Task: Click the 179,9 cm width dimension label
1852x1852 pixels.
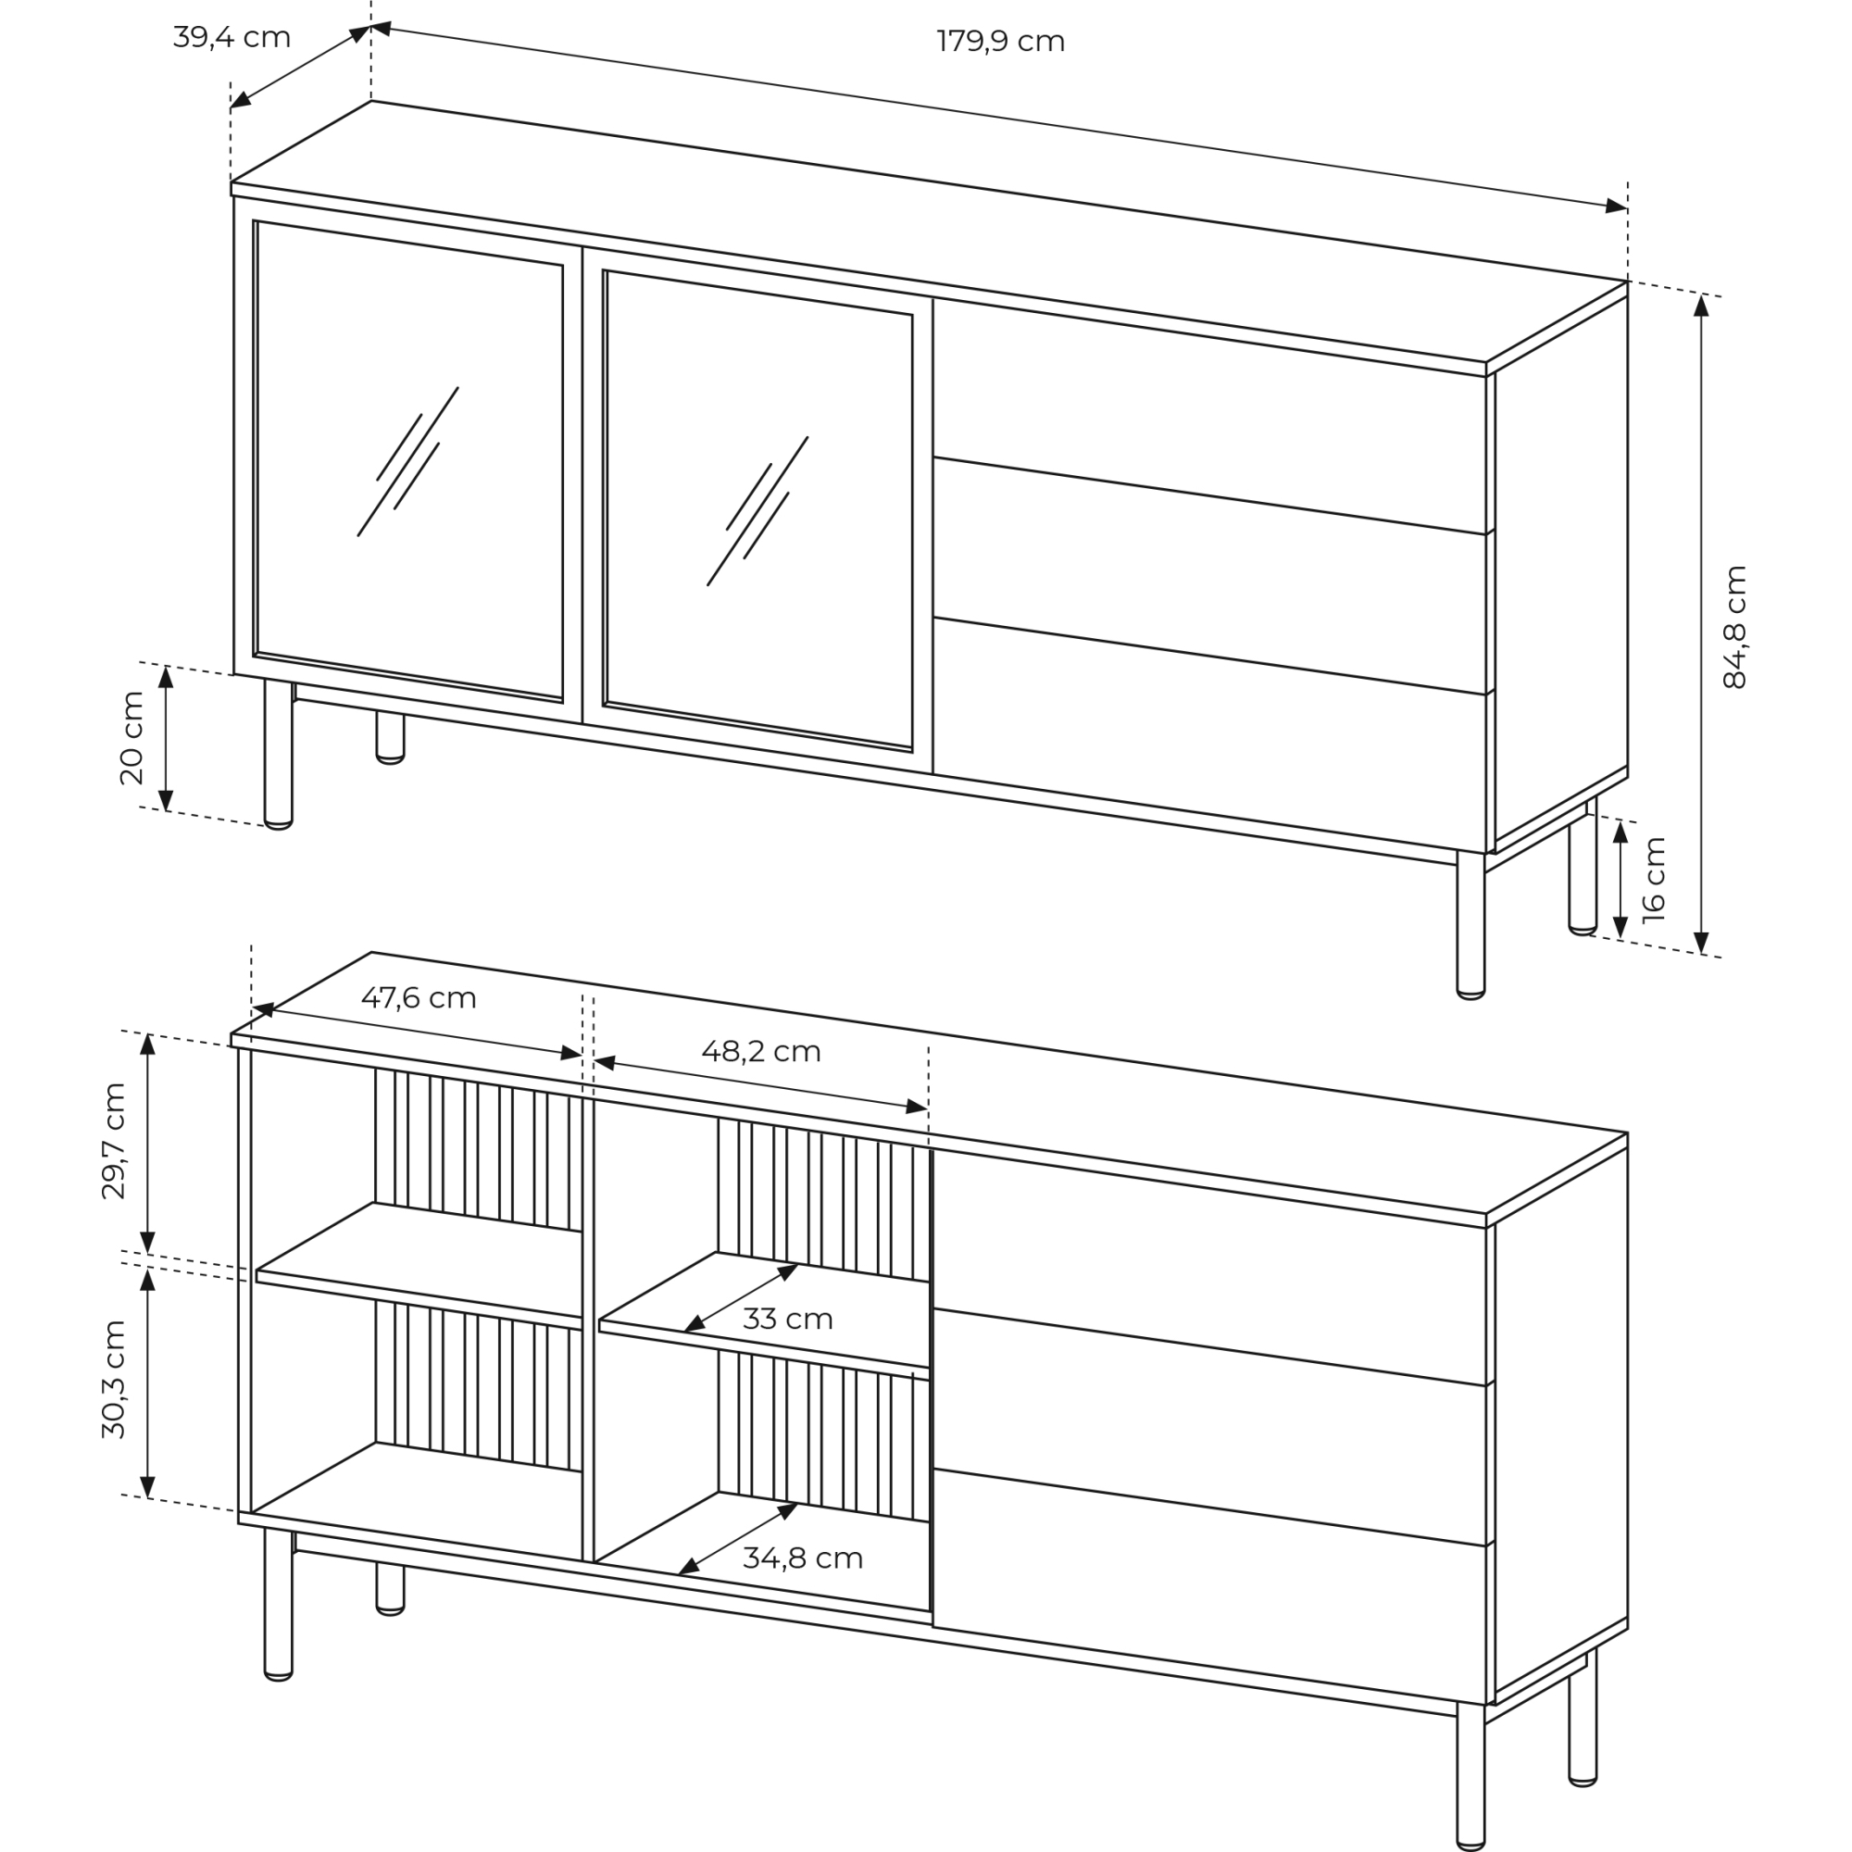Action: point(1000,42)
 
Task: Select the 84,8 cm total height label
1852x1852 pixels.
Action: point(1734,627)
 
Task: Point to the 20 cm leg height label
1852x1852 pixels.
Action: point(131,738)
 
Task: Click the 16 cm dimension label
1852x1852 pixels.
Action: point(1654,880)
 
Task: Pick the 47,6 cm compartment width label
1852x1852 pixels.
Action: point(418,998)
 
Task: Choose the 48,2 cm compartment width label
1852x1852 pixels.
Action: point(761,1052)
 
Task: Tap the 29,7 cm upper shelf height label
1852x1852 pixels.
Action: point(113,1141)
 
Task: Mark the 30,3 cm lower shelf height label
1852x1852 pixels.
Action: point(113,1380)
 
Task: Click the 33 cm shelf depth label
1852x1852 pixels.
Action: point(787,1319)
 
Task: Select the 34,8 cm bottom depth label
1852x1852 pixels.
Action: point(802,1558)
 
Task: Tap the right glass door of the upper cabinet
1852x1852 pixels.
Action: point(758,511)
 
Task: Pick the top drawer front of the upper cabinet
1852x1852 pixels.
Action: point(1209,417)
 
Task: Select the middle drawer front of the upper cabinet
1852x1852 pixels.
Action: point(1209,576)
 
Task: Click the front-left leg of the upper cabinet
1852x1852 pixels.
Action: point(278,754)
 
